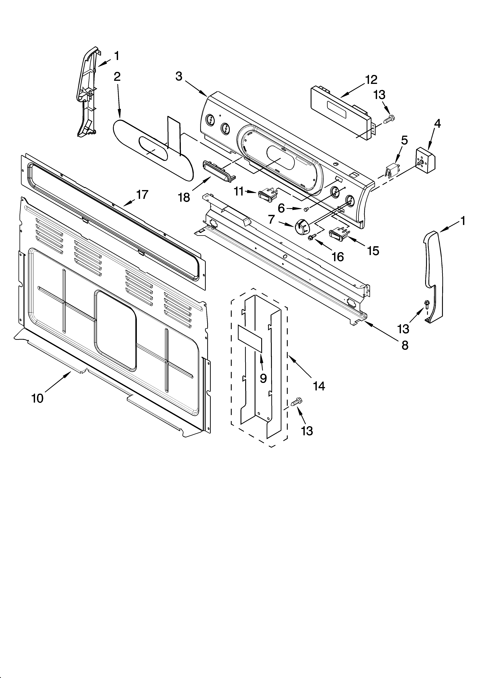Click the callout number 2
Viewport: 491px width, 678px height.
tap(117, 77)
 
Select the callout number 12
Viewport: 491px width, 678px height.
tap(371, 80)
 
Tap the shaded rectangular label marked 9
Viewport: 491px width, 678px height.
tap(250, 338)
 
